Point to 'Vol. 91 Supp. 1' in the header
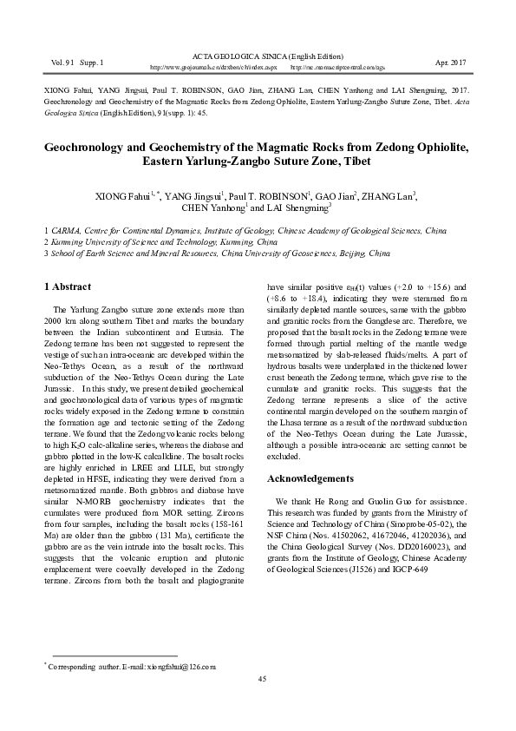[78, 63]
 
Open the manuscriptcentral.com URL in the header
[335, 67]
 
